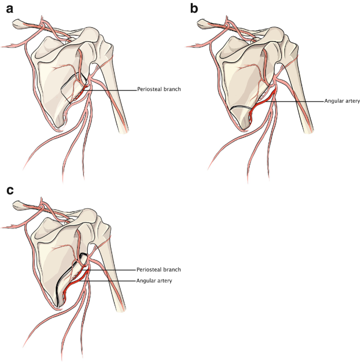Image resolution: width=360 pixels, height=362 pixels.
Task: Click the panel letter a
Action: pyautogui.click(x=9, y=9)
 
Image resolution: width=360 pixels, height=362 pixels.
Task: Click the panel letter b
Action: pyautogui.click(x=194, y=9)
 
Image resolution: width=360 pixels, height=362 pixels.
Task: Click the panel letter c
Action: pyautogui.click(x=9, y=190)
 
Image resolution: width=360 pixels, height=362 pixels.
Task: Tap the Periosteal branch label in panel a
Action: pyautogui.click(x=159, y=89)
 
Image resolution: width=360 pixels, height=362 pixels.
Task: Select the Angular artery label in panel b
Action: pyautogui.click(x=342, y=101)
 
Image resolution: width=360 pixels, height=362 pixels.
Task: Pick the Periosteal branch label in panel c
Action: pyautogui.click(x=159, y=269)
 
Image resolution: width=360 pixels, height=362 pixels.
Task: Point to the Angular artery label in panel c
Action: pyautogui.click(x=155, y=281)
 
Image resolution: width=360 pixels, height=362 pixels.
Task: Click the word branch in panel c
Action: pyautogui.click(x=172, y=269)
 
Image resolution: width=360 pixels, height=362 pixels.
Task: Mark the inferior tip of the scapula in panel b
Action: pyautogui.click(x=243, y=126)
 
